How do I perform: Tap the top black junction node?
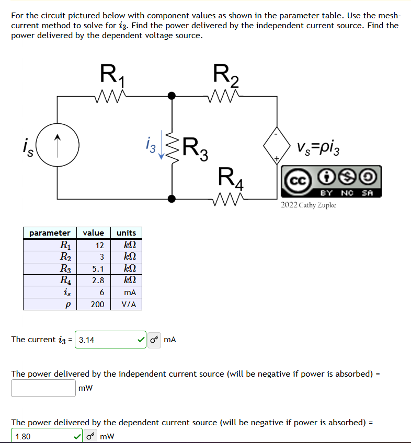[171, 96]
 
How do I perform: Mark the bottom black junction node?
[171, 199]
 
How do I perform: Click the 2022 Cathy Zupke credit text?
[309, 205]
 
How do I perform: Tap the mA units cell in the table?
[126, 293]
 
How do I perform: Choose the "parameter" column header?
[50, 232]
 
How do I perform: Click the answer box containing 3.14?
[107, 340]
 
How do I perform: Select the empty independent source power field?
[43, 388]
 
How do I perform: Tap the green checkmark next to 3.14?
[140, 340]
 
